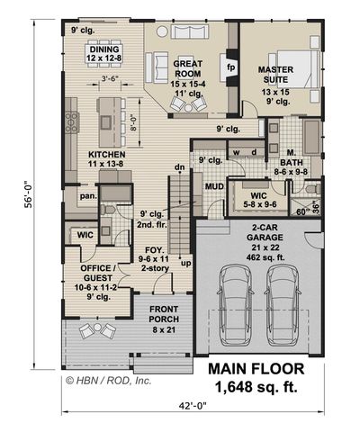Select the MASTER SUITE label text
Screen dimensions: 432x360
pos(276,75)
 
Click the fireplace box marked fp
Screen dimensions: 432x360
pos(230,67)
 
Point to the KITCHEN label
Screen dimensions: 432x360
pos(106,155)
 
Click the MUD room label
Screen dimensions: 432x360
pos(214,188)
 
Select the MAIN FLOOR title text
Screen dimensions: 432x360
pos(256,369)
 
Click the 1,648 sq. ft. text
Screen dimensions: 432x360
pos(256,387)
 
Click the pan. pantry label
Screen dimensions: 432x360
pos(88,193)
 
